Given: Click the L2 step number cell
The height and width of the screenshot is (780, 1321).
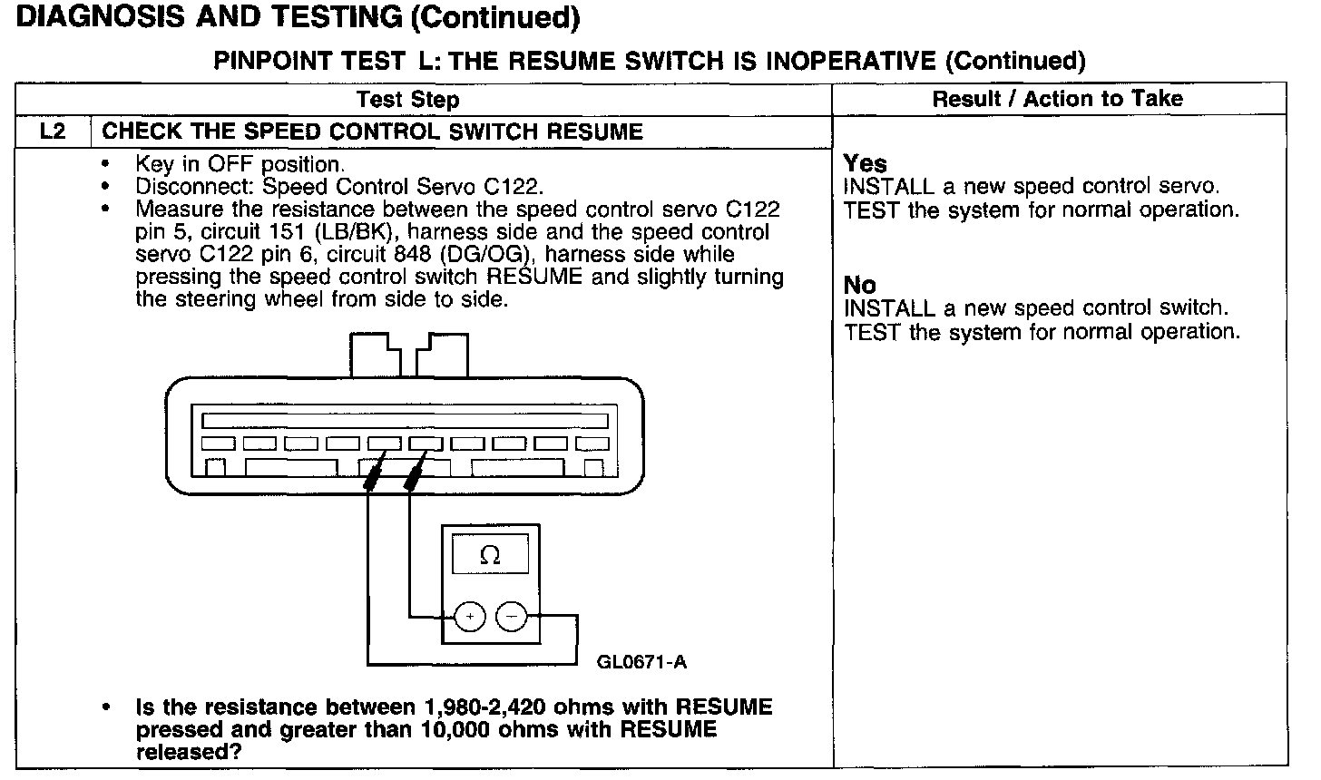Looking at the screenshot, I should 54,132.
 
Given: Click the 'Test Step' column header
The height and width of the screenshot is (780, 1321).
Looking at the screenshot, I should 408,100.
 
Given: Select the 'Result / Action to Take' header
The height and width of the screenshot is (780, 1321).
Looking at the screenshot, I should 1058,99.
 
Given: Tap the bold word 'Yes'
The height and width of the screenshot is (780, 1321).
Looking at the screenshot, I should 865,163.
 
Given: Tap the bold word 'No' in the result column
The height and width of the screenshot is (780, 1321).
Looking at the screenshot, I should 859,286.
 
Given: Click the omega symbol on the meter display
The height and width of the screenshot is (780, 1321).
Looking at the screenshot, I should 490,555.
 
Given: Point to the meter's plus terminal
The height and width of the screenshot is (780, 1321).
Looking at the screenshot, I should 470,618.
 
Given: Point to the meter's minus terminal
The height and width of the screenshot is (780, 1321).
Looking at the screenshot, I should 512,618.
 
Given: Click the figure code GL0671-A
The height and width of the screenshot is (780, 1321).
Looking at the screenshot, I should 641,662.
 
